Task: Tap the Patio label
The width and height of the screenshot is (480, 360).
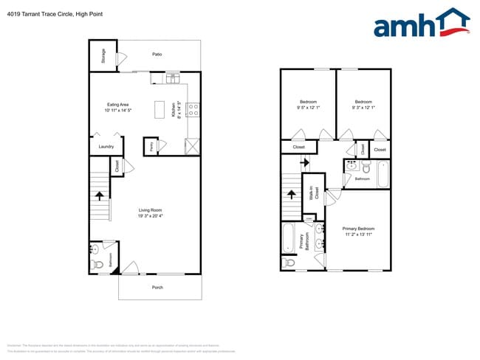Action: (x=157, y=55)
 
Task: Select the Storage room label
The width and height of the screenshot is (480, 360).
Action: (x=103, y=57)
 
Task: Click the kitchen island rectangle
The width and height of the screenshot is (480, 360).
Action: (x=160, y=109)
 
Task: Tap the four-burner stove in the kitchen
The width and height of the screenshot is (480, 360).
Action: (x=193, y=110)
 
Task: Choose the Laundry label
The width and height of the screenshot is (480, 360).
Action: (x=106, y=146)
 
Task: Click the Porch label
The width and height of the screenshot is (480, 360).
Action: (x=157, y=287)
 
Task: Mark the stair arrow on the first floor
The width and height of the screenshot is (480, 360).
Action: (x=100, y=195)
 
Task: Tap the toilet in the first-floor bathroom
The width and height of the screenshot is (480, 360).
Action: (x=95, y=263)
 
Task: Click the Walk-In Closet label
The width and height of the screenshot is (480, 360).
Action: (x=315, y=194)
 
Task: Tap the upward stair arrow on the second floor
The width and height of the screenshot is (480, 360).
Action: (x=292, y=195)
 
